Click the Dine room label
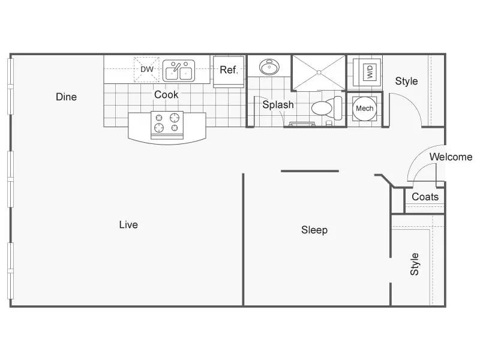pos(66,97)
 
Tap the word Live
pos(128,224)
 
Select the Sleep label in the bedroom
pos(314,230)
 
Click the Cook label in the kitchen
pos(166,95)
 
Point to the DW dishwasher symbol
pos(146,70)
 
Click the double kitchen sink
pos(179,71)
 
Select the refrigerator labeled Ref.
pos(229,71)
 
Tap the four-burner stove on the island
pos(167,125)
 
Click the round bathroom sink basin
pos(269,67)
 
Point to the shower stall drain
pos(319,73)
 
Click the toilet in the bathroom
pos(326,108)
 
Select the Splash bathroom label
pos(278,104)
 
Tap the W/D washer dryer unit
pos(367,72)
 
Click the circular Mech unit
pos(364,109)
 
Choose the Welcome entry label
pos(451,157)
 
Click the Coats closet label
pos(425,197)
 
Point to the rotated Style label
pos(415,264)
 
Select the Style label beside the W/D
pos(406,81)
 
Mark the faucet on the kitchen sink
pos(175,67)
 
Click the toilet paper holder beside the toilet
pos(329,124)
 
